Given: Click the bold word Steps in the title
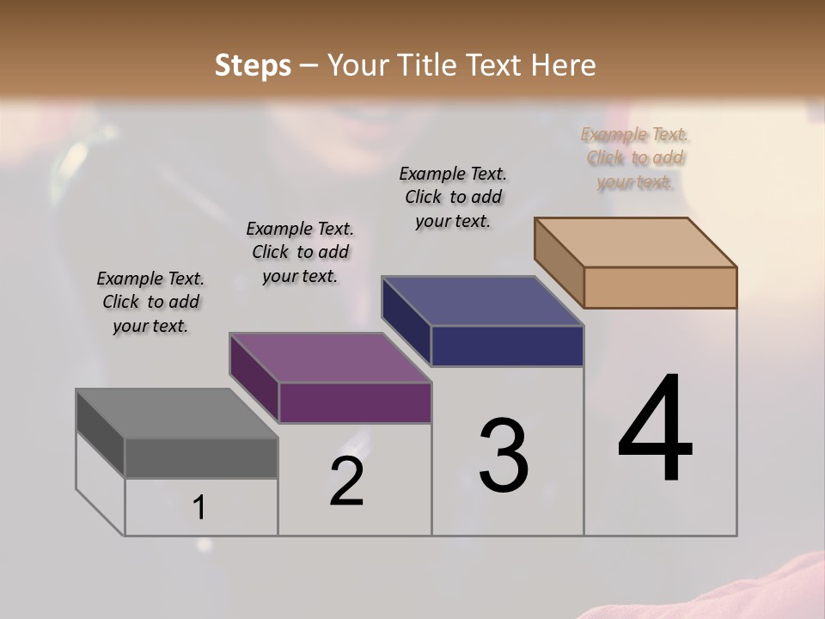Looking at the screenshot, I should [253, 65].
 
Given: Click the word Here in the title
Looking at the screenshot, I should [564, 65].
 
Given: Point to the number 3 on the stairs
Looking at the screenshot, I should [504, 455].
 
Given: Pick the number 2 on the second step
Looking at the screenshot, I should [346, 481].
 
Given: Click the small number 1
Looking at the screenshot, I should [199, 507].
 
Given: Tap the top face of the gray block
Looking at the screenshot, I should [176, 414].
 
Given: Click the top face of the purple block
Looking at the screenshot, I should [330, 358].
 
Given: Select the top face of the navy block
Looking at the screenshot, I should [483, 301].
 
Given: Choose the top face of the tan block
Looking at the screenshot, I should [636, 242].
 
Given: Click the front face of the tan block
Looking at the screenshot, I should [660, 287].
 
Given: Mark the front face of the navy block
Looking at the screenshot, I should [507, 346].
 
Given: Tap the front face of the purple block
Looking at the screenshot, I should [355, 402].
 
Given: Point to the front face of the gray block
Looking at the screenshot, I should [201, 457].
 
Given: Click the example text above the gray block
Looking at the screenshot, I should [150, 302].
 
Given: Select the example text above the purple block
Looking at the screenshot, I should [300, 252].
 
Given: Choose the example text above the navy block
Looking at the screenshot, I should [453, 197].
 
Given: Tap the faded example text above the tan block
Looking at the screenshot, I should [635, 158].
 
